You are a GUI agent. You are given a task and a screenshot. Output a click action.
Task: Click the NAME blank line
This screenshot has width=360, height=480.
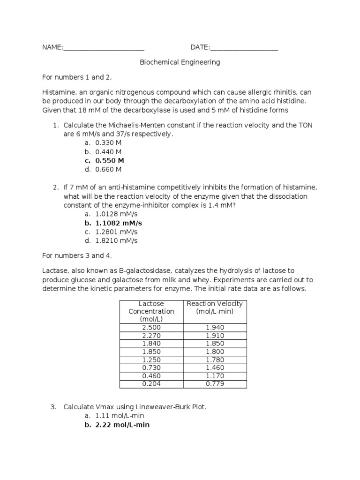[x=104, y=48]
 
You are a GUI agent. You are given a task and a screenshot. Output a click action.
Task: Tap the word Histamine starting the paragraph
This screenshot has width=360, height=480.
[x=58, y=92]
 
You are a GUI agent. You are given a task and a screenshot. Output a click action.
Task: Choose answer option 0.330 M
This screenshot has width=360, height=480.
[x=108, y=143]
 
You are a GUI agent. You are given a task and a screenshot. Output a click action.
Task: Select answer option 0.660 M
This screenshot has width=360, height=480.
[x=108, y=170]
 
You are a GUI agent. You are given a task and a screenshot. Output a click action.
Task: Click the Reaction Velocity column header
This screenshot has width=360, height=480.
[x=215, y=307]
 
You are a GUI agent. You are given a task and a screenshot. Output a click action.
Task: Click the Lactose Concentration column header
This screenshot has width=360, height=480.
[x=151, y=311]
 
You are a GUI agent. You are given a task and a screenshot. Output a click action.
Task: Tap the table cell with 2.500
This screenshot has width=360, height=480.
[x=151, y=328]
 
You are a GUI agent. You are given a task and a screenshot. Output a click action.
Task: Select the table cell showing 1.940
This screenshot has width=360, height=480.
[x=215, y=328]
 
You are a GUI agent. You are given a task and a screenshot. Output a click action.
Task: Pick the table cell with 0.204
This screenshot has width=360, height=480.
[x=151, y=384]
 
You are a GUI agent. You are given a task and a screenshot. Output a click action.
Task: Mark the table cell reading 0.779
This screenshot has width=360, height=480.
[x=215, y=384]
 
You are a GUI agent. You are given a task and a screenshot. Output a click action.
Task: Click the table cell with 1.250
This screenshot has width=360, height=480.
[x=151, y=360]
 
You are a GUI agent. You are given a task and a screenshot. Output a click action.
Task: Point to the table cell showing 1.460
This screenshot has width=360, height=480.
[x=215, y=368]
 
